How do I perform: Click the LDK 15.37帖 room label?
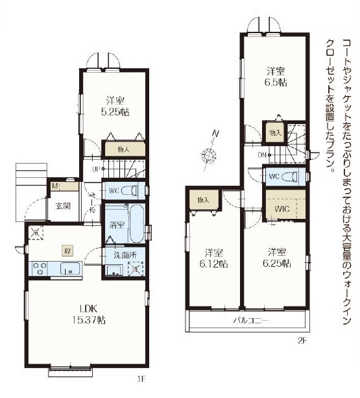point(88,314)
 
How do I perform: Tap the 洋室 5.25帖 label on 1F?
point(115,106)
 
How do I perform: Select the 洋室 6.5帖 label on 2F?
point(276,77)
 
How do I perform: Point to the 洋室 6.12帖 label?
point(213,258)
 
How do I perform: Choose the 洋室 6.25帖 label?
point(276,258)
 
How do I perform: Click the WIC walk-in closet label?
point(282,209)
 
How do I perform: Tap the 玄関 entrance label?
point(63,206)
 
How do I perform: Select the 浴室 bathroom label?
point(117,225)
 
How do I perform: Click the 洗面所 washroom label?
point(125,255)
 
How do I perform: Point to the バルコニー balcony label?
point(250,321)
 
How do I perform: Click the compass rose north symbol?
point(209,155)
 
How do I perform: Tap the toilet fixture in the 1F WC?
point(129,190)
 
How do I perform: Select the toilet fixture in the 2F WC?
point(289,176)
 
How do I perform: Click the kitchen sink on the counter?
point(70,268)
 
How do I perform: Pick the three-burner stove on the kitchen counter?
point(40,268)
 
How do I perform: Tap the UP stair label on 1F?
point(96,169)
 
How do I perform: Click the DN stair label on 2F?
point(262,155)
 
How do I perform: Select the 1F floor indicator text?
point(141,379)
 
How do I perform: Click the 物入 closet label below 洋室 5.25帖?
point(124,149)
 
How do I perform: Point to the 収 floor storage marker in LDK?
point(67,251)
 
